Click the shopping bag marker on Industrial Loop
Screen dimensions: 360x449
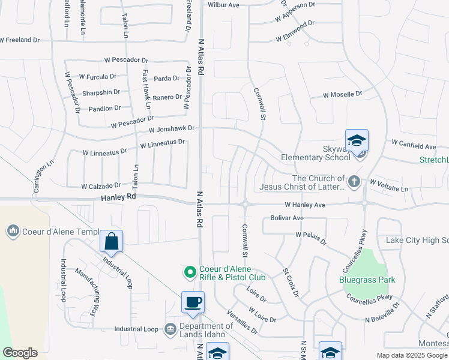point(112,242)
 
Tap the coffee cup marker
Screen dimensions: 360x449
point(193,302)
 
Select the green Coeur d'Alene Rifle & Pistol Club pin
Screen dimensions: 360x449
point(190,272)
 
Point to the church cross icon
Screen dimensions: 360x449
point(354,181)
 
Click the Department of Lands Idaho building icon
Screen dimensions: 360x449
point(170,329)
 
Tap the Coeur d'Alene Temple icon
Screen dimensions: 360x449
point(13,230)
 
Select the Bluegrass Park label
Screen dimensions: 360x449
point(359,280)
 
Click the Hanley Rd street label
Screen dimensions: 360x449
point(118,196)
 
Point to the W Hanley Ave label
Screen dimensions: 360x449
point(304,205)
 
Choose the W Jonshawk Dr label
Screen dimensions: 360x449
point(172,129)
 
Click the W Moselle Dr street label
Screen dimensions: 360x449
point(343,95)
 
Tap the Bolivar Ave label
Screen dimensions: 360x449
point(288,218)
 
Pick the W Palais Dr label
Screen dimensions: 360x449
point(310,238)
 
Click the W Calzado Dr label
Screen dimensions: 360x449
point(101,186)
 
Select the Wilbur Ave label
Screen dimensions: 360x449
point(223,5)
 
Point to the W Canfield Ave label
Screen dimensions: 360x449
point(414,146)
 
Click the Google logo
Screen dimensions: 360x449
point(20,353)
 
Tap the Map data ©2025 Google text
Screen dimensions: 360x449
point(412,355)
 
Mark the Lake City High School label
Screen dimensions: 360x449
point(417,240)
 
